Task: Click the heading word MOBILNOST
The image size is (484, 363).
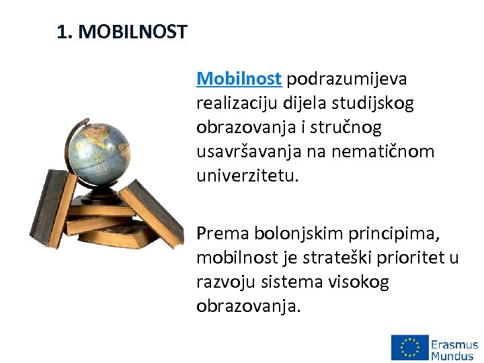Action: click(132, 32)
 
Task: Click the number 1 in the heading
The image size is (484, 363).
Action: click(63, 32)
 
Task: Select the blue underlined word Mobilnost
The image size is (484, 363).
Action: click(239, 79)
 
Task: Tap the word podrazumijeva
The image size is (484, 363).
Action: click(347, 79)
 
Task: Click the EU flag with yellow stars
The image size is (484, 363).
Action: click(409, 348)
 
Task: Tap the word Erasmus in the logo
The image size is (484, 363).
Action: click(455, 342)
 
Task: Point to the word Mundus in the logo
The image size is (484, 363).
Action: click(453, 355)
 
